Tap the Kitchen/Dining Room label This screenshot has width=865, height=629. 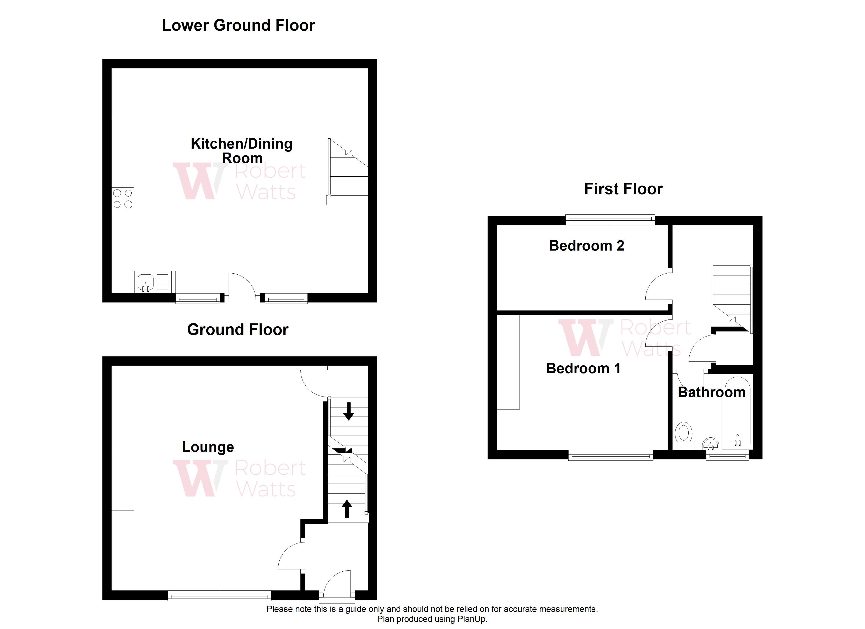tap(241, 151)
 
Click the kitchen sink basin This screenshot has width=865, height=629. tap(145, 283)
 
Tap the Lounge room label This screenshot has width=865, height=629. tap(208, 447)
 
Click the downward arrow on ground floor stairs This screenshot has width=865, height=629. tap(348, 411)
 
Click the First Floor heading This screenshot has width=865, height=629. tap(623, 189)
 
